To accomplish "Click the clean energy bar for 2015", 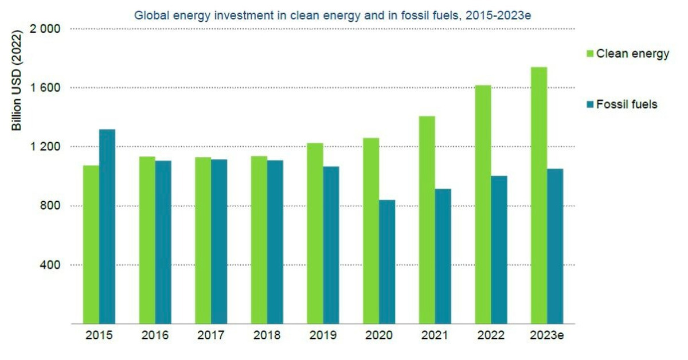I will (x=91, y=245).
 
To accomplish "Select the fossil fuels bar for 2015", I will (x=107, y=226).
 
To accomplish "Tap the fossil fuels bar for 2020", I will (x=387, y=262).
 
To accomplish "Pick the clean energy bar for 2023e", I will (x=539, y=195).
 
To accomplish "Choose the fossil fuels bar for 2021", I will (x=443, y=256).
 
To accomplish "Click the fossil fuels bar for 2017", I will (x=219, y=241).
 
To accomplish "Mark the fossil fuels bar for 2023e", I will (x=555, y=246).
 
